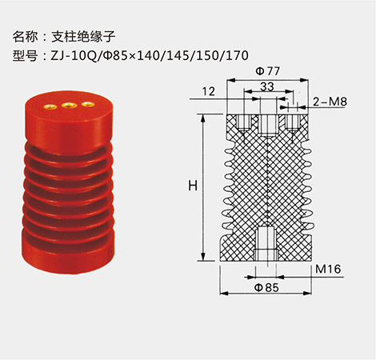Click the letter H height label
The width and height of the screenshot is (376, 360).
coord(192,186)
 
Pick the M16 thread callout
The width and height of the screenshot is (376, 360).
coord(328,270)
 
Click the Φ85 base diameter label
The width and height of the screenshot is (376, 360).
coord(266,287)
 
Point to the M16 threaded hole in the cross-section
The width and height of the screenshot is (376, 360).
coord(266,242)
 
